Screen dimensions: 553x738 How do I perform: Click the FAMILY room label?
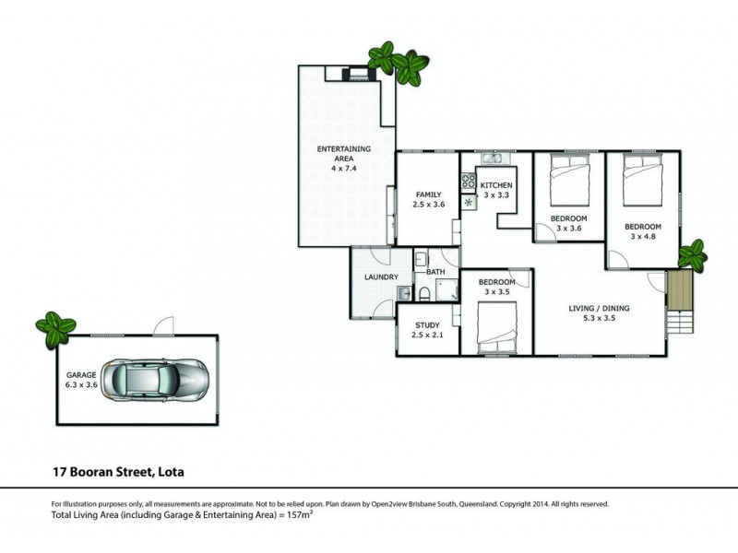[428, 194]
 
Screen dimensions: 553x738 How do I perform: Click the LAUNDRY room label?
[380, 276]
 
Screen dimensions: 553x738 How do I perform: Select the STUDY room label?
[426, 324]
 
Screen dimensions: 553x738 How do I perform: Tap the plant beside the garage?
[55, 326]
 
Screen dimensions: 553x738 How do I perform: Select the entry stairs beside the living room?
[678, 301]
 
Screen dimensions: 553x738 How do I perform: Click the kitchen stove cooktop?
[468, 182]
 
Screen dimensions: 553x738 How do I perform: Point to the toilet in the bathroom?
[422, 294]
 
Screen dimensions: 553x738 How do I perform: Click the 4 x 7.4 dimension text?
[343, 170]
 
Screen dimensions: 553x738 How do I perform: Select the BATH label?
[436, 273]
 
